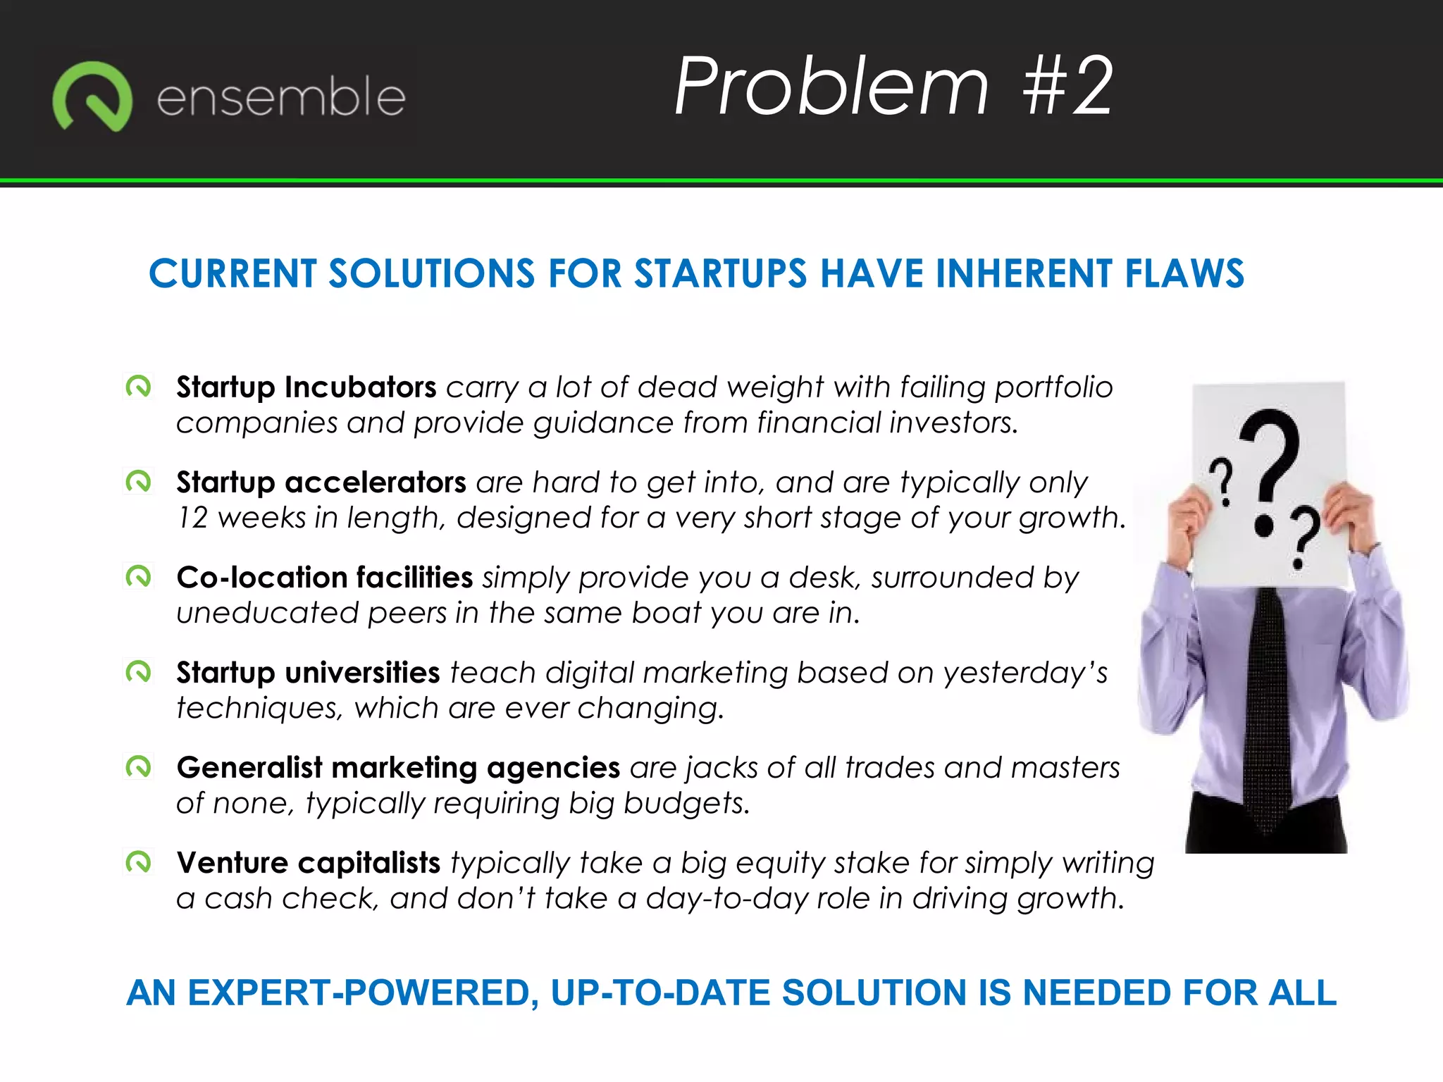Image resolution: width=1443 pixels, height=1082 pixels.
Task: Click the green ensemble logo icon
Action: [92, 97]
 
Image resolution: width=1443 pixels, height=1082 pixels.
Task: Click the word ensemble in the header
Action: [280, 97]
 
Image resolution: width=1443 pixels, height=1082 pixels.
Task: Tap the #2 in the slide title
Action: [1067, 87]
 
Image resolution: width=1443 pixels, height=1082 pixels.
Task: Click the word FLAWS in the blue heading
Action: [1184, 274]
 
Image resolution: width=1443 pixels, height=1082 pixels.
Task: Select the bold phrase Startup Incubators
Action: [306, 387]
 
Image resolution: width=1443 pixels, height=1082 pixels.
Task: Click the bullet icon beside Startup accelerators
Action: [138, 482]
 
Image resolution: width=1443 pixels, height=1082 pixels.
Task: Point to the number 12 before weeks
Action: [192, 518]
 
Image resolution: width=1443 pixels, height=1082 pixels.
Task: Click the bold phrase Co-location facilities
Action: [324, 578]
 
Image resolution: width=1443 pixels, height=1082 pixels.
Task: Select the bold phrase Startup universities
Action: [308, 673]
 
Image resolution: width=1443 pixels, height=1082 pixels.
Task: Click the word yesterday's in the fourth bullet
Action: [1025, 673]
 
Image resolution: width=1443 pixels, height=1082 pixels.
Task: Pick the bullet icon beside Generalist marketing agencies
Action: [138, 766]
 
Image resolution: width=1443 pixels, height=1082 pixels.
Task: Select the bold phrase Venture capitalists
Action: [308, 863]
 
